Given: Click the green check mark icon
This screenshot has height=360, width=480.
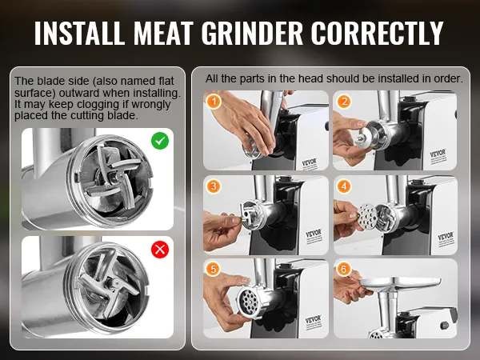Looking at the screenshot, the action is click(160, 141).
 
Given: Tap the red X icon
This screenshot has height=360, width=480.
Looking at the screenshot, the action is click(160, 250).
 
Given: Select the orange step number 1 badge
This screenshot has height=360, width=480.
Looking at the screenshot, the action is click(214, 102).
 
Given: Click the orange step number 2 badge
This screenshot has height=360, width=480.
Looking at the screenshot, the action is click(344, 102).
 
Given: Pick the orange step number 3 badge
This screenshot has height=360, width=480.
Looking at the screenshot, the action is click(214, 186).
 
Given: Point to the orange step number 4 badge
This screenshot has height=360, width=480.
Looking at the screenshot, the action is click(344, 186).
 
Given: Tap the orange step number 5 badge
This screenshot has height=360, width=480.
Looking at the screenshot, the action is click(214, 269).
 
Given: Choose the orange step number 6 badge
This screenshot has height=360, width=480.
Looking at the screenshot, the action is click(344, 269).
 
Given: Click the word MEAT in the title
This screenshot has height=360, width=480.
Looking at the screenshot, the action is click(163, 33).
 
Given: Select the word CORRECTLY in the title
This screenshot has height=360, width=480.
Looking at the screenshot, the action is click(378, 33).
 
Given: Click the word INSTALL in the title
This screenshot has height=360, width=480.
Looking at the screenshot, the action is click(79, 33).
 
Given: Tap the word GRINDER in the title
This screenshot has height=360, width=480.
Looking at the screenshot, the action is click(252, 33).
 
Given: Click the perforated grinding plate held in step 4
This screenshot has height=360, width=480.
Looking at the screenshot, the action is click(367, 216).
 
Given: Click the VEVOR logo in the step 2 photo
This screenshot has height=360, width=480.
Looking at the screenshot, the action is click(438, 154).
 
